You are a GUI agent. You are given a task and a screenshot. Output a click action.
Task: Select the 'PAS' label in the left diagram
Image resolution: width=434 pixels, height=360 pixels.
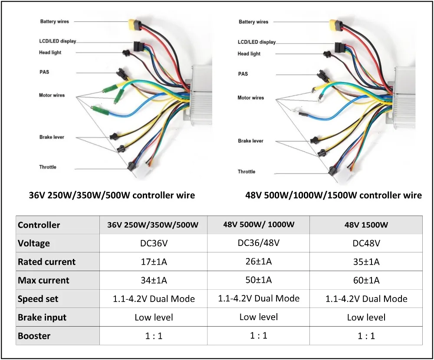44,72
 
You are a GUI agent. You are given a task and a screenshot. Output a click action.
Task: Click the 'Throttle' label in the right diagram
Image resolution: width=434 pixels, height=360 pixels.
247,172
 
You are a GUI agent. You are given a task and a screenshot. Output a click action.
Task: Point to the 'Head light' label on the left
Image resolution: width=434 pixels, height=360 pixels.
50,52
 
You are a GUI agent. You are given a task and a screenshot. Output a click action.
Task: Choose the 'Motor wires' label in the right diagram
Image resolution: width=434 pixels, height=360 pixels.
250,98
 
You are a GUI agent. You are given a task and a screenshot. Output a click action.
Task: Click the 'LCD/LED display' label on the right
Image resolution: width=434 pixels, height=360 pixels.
256,42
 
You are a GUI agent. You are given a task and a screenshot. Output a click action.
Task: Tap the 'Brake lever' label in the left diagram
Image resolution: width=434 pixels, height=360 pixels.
52,137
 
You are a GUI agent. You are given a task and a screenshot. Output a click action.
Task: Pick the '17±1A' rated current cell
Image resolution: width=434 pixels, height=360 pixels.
154,262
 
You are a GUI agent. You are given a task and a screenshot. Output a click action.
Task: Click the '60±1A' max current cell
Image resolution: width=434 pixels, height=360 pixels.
366,280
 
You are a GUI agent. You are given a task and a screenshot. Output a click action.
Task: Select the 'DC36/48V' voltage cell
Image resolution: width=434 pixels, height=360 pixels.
259,242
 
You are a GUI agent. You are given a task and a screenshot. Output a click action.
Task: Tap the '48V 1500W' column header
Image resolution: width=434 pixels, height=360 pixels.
366,225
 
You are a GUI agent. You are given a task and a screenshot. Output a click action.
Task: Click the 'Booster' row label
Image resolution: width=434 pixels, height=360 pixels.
34,336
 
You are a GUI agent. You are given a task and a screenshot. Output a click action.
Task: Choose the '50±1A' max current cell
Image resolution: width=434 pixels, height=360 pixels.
259,280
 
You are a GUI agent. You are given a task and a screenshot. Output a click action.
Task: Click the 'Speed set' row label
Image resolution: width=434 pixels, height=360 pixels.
38,299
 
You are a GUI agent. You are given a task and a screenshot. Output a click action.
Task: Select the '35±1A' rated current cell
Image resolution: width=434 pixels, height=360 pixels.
366,262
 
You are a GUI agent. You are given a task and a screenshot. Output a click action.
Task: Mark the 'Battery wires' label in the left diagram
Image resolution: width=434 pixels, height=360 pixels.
54,21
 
